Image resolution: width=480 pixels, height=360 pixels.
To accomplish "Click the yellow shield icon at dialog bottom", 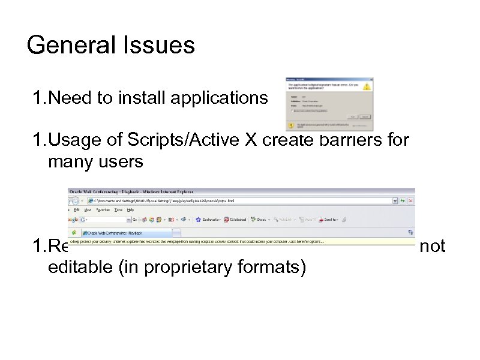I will [291, 126].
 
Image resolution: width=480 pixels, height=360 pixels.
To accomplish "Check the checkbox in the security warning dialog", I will [293, 112].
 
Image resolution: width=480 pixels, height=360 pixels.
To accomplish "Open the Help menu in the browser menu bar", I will [131, 210].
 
